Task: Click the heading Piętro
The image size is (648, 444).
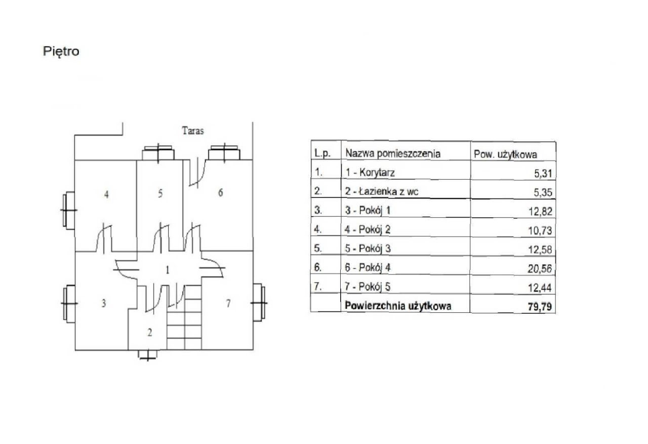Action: pos(61,52)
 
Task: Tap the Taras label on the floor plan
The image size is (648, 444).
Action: pos(192,131)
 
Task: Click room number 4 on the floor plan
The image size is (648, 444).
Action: pos(106,194)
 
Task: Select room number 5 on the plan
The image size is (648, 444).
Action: pos(160,193)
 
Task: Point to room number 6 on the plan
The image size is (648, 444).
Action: pos(220,193)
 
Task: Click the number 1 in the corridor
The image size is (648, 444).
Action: pos(167,269)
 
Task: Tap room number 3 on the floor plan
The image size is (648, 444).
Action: pos(103,304)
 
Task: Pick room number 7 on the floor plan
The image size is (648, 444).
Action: pos(228,303)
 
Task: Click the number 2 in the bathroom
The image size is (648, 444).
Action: pos(149,333)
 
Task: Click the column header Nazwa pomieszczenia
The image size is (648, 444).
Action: pos(392,153)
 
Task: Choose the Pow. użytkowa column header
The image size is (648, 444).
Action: pos(505,154)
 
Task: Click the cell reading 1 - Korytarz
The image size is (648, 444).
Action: pos(370,173)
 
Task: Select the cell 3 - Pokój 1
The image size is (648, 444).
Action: pos(368,211)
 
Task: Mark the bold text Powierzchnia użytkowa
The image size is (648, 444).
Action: pos(398,306)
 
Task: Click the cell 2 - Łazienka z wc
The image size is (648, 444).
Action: pos(382,191)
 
